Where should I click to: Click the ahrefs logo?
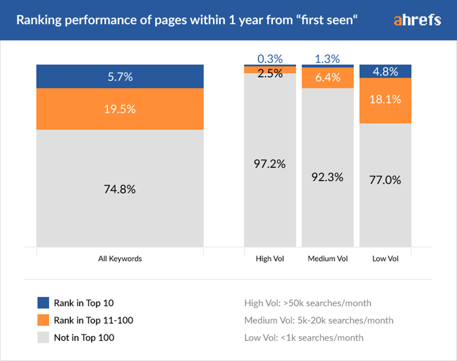click(417, 20)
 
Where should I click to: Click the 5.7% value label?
click(120, 77)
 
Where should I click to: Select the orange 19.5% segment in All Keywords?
click(120, 109)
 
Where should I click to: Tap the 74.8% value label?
click(120, 189)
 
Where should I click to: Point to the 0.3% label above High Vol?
click(270, 58)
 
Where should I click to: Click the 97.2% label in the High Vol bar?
click(270, 164)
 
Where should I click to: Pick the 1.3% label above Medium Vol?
click(328, 58)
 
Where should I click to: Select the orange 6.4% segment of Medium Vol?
click(328, 78)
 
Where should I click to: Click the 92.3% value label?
click(328, 178)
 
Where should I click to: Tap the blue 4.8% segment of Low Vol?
click(385, 72)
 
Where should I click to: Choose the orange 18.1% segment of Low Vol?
click(385, 100)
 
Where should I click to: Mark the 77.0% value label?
click(385, 180)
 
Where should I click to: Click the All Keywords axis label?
click(120, 258)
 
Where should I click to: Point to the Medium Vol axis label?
click(328, 258)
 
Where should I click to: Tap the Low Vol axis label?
click(385, 258)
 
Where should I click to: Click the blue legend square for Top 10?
click(43, 303)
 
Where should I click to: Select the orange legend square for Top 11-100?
click(43, 320)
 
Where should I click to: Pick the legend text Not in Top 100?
click(84, 338)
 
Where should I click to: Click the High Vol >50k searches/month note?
click(308, 303)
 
